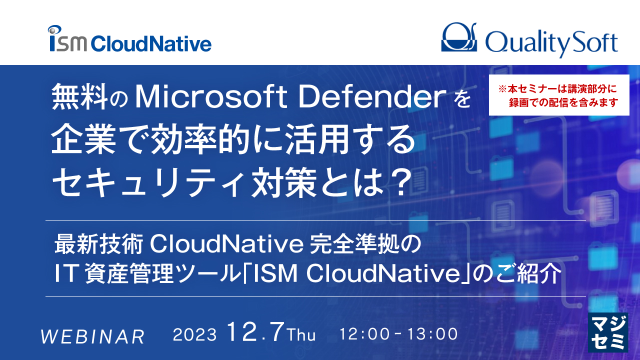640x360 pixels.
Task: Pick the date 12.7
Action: tap(255, 332)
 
